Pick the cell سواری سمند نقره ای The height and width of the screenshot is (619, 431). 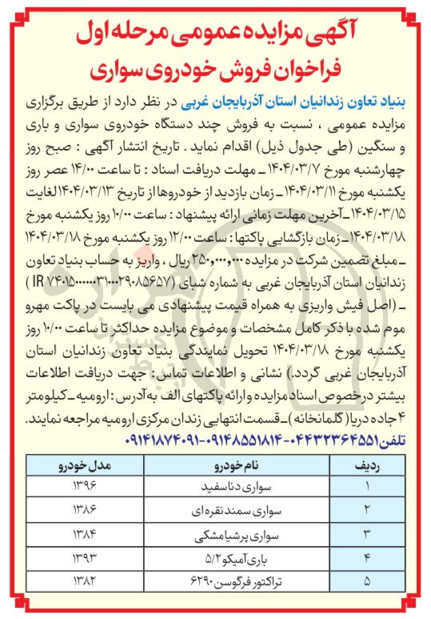pos(212,508)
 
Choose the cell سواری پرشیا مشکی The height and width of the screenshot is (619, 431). pos(212,531)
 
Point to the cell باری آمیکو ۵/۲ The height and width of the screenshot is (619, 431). pos(212,553)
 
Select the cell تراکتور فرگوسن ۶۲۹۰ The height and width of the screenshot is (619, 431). pos(212,576)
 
